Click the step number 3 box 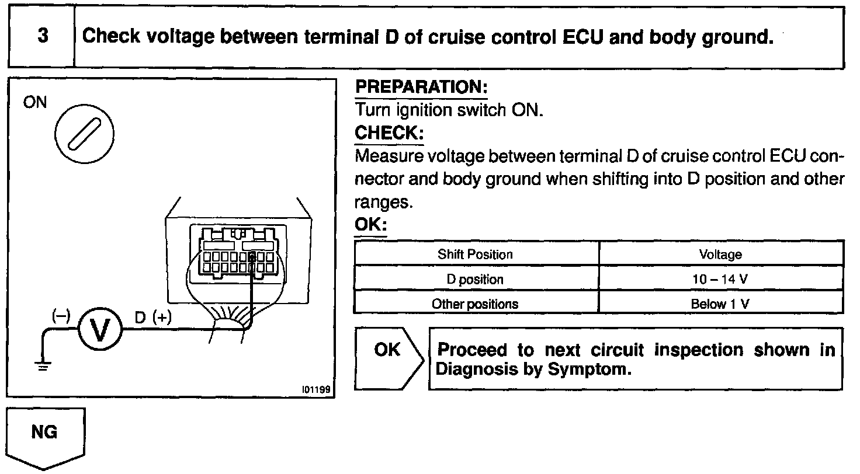(x=42, y=37)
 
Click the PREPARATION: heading (x=421, y=88)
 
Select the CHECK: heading (x=389, y=133)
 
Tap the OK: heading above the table (x=371, y=225)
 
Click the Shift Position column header (x=475, y=255)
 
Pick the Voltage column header (x=720, y=255)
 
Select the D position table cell (x=475, y=280)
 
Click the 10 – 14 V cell (x=720, y=280)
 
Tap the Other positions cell (x=475, y=304)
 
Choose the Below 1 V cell (x=720, y=304)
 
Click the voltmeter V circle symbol (x=99, y=331)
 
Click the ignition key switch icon (x=84, y=134)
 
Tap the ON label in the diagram (x=35, y=103)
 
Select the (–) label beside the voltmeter (x=61, y=315)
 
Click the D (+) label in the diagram (x=153, y=318)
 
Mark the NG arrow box (x=45, y=435)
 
